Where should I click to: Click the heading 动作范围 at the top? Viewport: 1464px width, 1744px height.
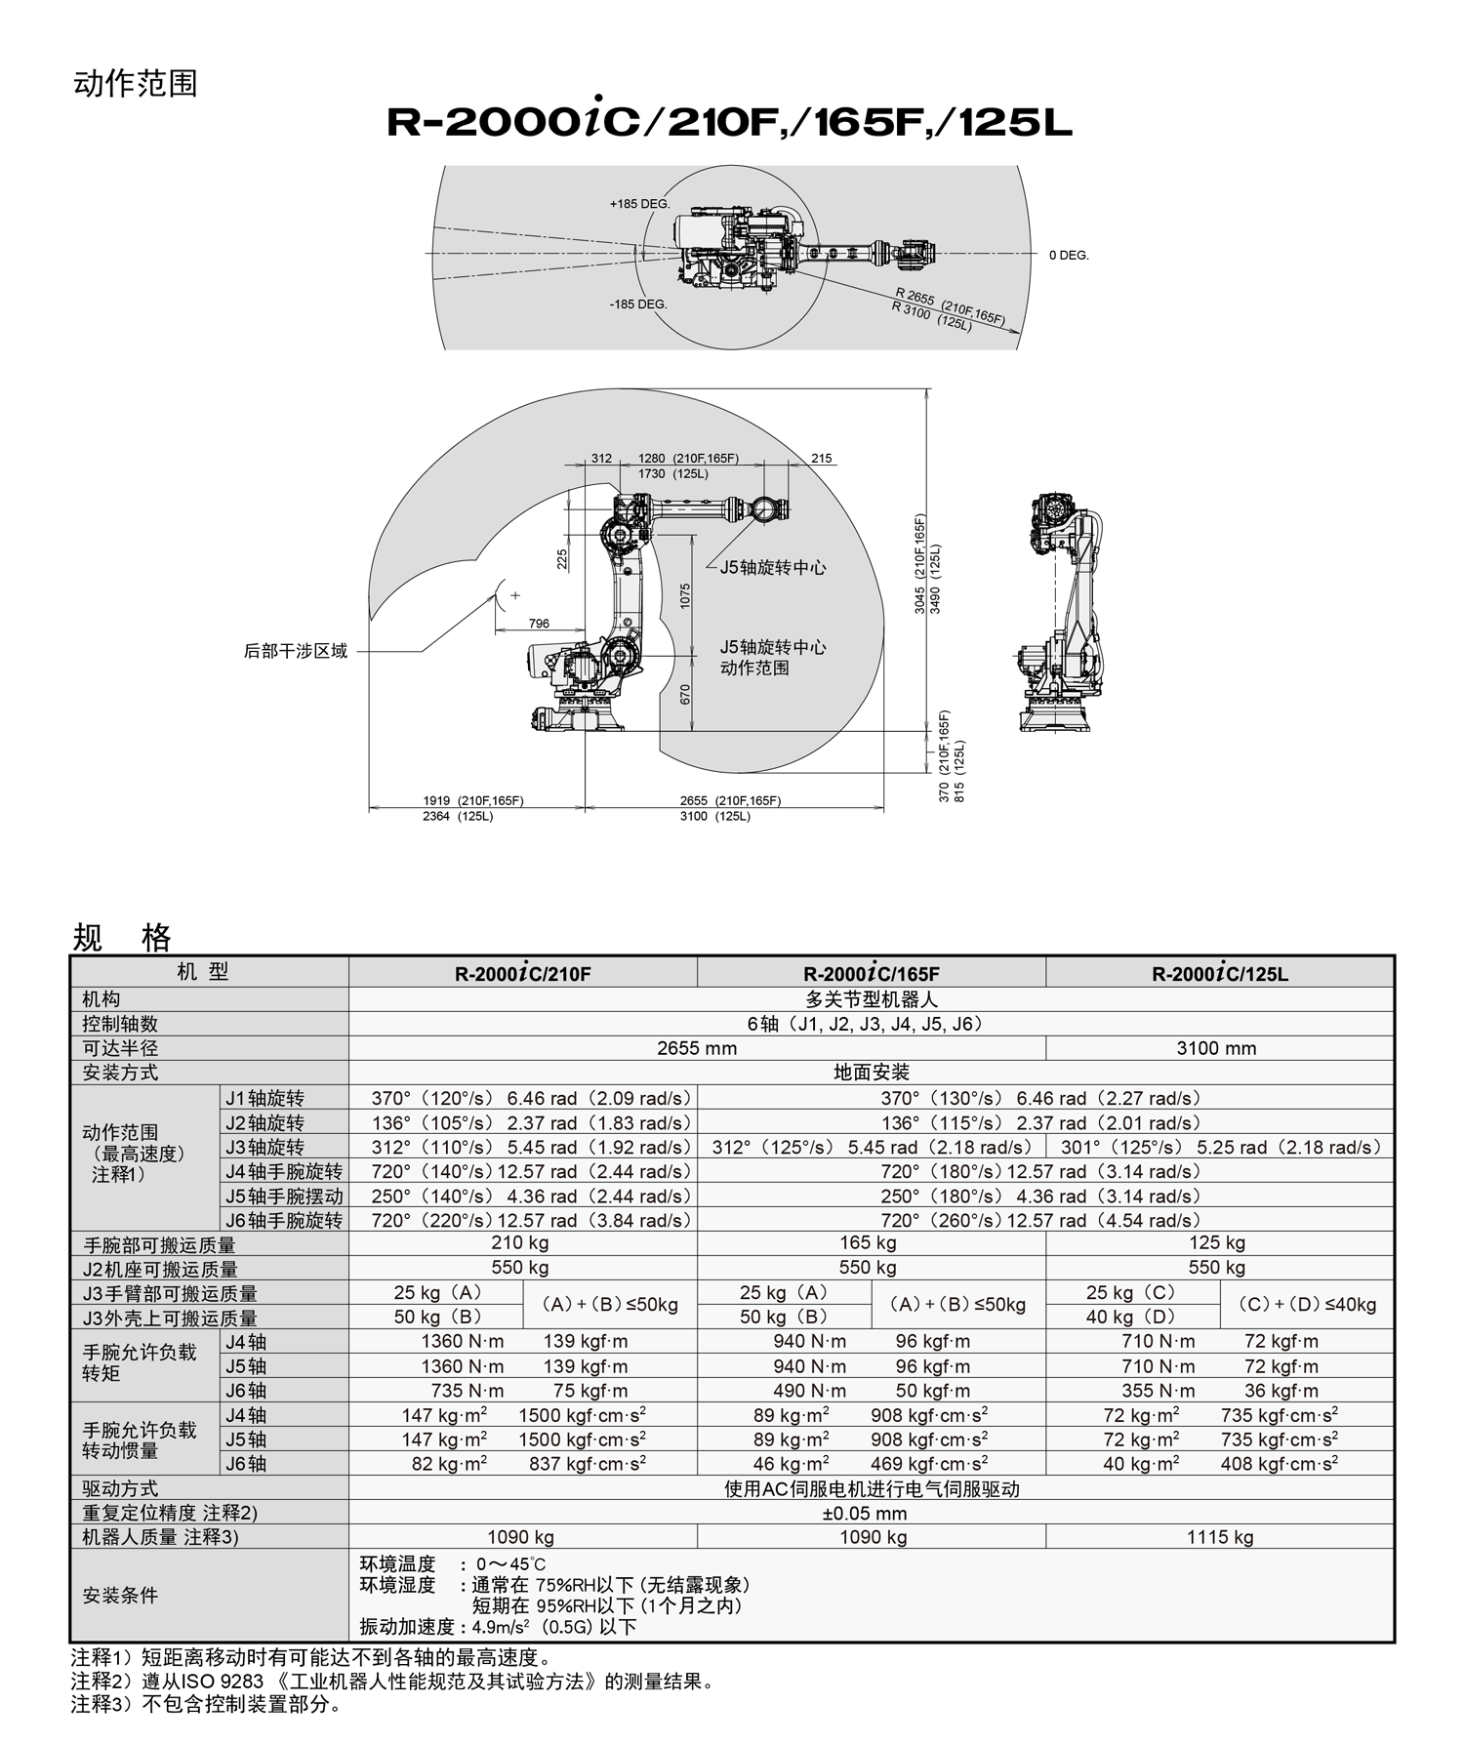(136, 84)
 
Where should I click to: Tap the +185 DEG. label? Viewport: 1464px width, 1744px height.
(639, 204)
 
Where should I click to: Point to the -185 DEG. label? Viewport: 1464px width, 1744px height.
(638, 304)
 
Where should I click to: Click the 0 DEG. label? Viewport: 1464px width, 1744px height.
(1069, 256)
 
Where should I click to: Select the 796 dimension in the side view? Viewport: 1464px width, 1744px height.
(539, 624)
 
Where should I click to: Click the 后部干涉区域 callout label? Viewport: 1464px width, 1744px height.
(296, 651)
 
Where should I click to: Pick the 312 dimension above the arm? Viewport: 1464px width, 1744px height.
(601, 459)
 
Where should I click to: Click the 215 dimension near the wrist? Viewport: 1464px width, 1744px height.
(822, 459)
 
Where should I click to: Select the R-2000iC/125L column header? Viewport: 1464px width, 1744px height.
(1220, 974)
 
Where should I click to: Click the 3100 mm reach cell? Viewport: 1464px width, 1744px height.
(1217, 1049)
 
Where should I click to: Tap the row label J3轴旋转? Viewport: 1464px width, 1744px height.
(265, 1148)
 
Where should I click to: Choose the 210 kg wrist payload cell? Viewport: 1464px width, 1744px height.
(520, 1243)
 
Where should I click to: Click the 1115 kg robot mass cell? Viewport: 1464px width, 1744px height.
(1220, 1537)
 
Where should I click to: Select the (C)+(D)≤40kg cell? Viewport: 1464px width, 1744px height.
(1307, 1305)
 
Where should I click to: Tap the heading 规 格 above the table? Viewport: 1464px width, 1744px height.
(122, 938)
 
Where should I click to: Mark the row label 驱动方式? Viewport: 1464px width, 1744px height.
(121, 1489)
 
